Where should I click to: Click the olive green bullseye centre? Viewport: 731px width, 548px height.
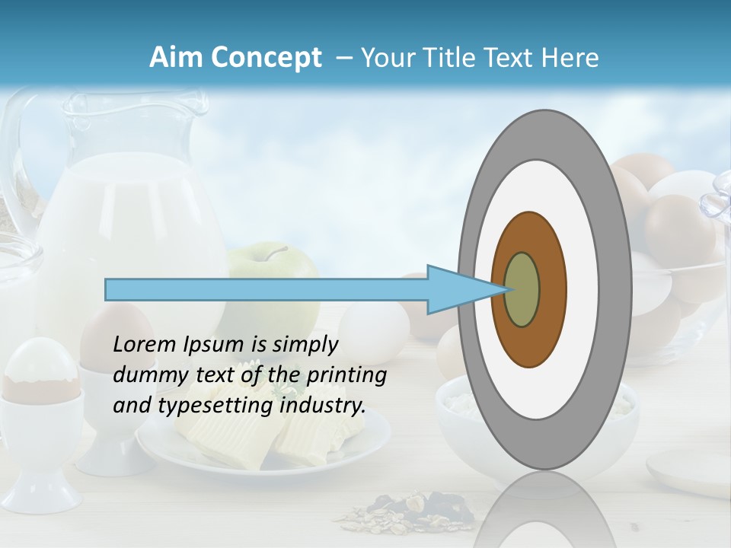[522, 289]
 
